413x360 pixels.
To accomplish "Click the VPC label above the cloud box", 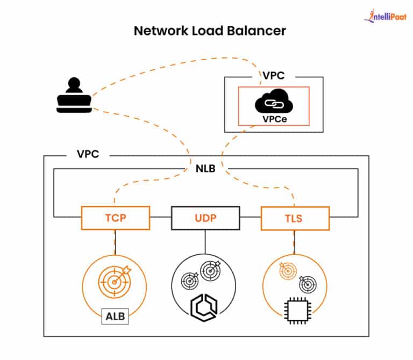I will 274,75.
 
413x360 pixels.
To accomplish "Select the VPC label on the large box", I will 89,154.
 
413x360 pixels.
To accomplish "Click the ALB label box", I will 115,316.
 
